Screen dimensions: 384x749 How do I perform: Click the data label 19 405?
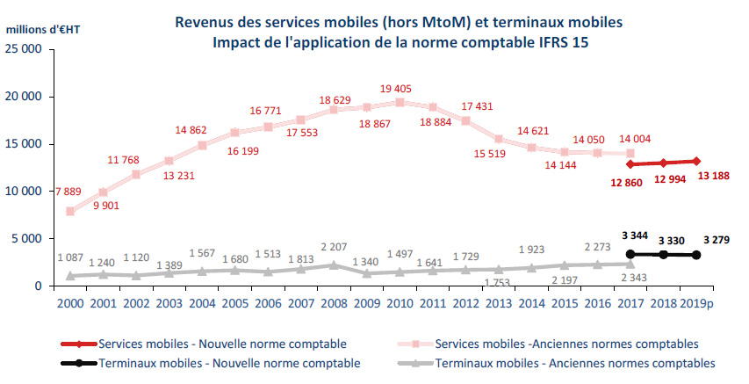pos(400,89)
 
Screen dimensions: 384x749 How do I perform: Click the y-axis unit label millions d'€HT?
pos(43,28)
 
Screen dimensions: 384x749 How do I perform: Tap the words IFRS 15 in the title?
pos(561,42)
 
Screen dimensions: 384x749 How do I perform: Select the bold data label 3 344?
pos(630,235)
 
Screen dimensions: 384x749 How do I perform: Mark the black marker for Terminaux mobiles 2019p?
pos(695,255)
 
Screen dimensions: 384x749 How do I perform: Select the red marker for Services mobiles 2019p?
pos(695,161)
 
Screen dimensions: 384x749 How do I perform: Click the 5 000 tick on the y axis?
pos(29,238)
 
